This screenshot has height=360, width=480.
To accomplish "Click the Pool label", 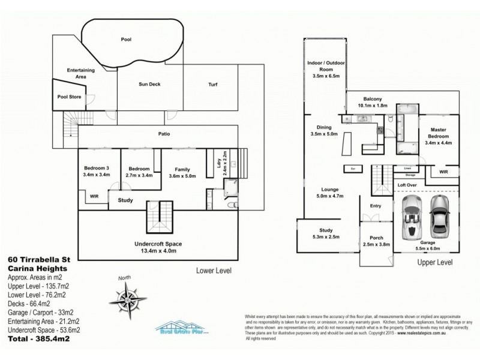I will coord(126,40).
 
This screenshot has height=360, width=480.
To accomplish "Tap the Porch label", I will coord(377,237).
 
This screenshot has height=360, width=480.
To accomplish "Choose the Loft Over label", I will coord(408,185).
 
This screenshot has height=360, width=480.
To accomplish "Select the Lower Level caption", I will coord(214,271).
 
